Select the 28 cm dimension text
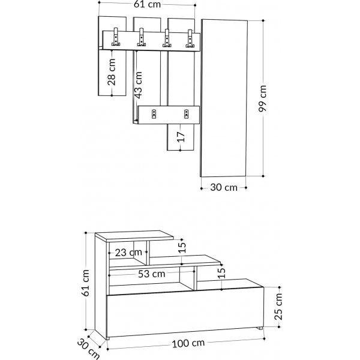(x=112, y=72)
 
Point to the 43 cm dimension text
(x=139, y=85)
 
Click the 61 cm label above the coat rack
(x=146, y=6)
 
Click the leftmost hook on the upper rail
(x=116, y=38)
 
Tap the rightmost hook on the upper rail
(x=190, y=38)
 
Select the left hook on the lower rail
(x=154, y=113)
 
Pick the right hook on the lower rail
(x=186, y=113)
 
